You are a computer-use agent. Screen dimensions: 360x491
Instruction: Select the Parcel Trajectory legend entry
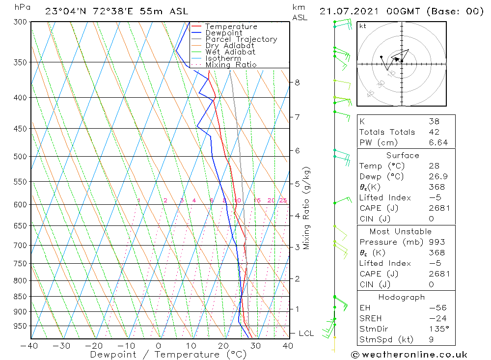(x=241, y=39)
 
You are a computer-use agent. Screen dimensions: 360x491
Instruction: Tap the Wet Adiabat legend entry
(x=230, y=52)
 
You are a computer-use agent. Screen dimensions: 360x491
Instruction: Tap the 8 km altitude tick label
(x=297, y=83)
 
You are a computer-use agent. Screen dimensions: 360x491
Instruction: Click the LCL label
(x=306, y=333)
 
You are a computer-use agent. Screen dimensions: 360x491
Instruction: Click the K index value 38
(x=434, y=121)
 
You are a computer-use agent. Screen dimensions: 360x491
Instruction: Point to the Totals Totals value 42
(x=434, y=132)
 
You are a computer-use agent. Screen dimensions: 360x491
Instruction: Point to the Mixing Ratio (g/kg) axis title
(x=307, y=208)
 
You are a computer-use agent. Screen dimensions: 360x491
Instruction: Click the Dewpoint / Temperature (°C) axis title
(x=168, y=355)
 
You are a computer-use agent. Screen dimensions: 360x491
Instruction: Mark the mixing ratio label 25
(x=283, y=200)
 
